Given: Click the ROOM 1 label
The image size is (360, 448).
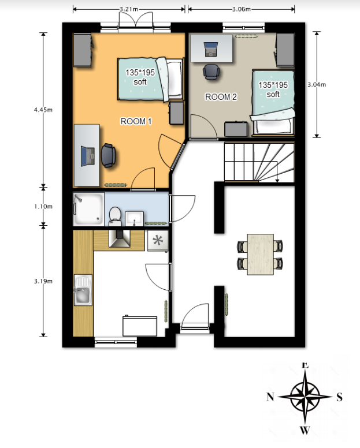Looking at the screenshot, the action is pyautogui.click(x=136, y=121).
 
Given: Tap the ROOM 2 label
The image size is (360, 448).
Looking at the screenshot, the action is pyautogui.click(x=221, y=97).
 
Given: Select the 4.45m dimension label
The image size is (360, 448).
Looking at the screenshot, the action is pyautogui.click(x=43, y=110).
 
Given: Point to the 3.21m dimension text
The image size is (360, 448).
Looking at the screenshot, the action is pyautogui.click(x=129, y=9).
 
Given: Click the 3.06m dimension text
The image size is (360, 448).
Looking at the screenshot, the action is pyautogui.click(x=242, y=9).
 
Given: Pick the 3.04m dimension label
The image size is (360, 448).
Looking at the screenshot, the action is pyautogui.click(x=317, y=84).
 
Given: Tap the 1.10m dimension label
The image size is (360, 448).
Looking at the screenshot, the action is pyautogui.click(x=43, y=206).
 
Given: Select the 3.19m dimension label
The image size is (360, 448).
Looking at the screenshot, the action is pyautogui.click(x=43, y=281).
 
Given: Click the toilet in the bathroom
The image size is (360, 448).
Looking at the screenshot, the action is pyautogui.click(x=115, y=216).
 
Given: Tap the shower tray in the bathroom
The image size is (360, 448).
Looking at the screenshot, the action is pyautogui.click(x=88, y=209).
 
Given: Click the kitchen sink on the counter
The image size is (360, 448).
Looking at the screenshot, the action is pyautogui.click(x=83, y=290).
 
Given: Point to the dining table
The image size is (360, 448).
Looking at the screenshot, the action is pyautogui.click(x=260, y=254).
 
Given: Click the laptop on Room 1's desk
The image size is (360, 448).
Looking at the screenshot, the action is pyautogui.click(x=88, y=156).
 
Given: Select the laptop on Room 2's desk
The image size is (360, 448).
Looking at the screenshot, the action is pyautogui.click(x=211, y=49).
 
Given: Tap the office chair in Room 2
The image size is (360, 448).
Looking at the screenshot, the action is pyautogui.click(x=211, y=72).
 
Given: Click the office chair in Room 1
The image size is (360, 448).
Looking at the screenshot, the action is pyautogui.click(x=108, y=155).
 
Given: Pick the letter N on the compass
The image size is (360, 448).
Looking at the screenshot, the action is pyautogui.click(x=270, y=397).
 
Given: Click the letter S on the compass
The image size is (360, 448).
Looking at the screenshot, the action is pyautogui.click(x=339, y=397).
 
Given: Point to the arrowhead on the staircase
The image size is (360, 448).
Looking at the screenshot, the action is pyautogui.click(x=277, y=180).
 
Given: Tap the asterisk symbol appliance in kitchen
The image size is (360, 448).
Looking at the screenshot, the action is pyautogui.click(x=158, y=241).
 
